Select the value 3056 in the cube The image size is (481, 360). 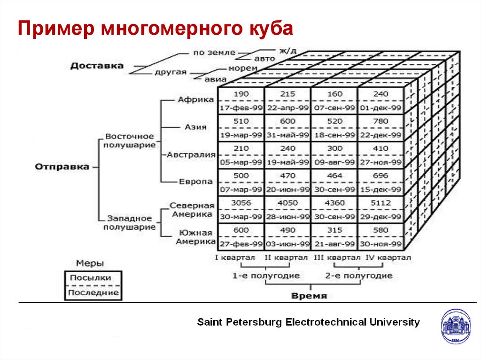click(x=241, y=203)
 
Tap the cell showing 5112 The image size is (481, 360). click(x=380, y=203)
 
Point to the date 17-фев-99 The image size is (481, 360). click(x=241, y=108)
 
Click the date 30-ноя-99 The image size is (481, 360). click(x=380, y=244)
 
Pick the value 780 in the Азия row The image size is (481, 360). click(x=380, y=122)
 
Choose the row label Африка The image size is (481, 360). click(x=196, y=100)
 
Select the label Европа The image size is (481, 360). click(x=195, y=182)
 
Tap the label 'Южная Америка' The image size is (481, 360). click(x=195, y=237)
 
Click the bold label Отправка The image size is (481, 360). click(x=62, y=167)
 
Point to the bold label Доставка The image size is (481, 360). click(x=97, y=66)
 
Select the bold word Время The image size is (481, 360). click(x=309, y=296)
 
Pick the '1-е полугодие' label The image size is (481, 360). click(x=266, y=276)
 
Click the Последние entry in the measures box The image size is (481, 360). click(x=93, y=293)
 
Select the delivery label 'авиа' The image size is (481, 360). click(x=216, y=79)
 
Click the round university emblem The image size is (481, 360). click(x=455, y=326)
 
